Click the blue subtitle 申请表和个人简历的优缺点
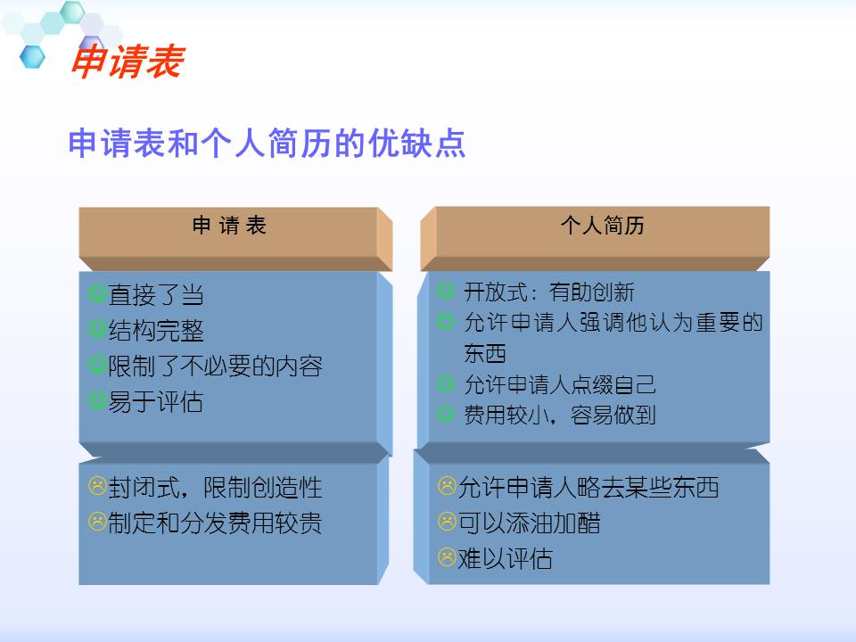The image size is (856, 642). [x=267, y=143]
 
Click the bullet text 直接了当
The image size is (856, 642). [x=156, y=295]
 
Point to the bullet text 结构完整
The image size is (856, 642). [x=156, y=331]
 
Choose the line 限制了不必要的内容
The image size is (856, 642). [x=215, y=366]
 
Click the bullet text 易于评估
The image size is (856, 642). [x=156, y=402]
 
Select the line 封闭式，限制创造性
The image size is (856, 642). [x=215, y=488]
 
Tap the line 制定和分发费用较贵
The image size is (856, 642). [x=215, y=523]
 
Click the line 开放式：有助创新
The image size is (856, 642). [x=549, y=292]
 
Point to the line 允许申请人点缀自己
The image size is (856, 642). [x=560, y=384]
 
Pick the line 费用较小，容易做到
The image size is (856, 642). [x=560, y=415]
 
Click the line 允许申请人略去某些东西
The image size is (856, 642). [x=588, y=488]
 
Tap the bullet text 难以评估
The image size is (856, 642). [x=505, y=559]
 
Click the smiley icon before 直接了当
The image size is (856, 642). [x=97, y=294]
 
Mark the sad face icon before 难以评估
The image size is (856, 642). [x=447, y=557]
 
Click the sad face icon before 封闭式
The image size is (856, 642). [x=97, y=487]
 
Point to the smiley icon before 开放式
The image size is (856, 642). [x=446, y=291]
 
